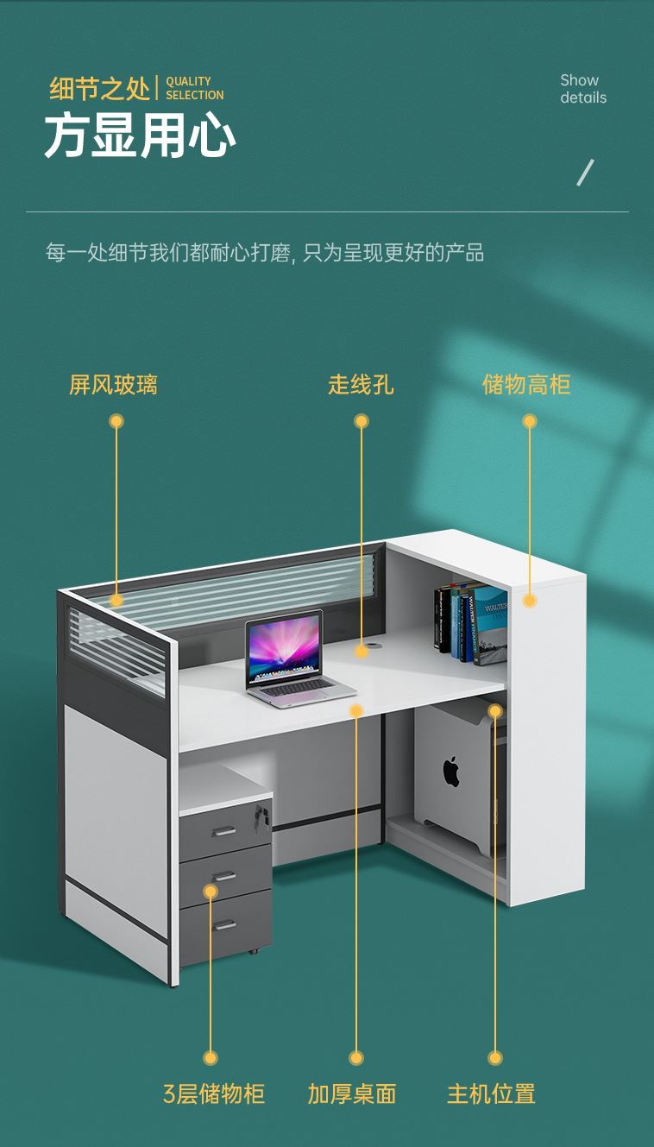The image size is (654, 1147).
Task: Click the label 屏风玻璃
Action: pyautogui.click(x=113, y=385)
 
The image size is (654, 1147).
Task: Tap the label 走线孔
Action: pyautogui.click(x=361, y=385)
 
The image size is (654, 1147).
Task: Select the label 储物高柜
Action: pyautogui.click(x=526, y=385)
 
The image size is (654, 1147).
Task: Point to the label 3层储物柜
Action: pyautogui.click(x=213, y=1093)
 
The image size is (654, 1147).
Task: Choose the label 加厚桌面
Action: pyautogui.click(x=352, y=1093)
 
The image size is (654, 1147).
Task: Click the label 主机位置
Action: pyautogui.click(x=491, y=1093)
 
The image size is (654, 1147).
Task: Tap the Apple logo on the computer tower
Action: pyautogui.click(x=451, y=772)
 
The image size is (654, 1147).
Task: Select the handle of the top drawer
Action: pyautogui.click(x=224, y=831)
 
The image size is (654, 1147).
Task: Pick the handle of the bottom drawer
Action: pyautogui.click(x=224, y=925)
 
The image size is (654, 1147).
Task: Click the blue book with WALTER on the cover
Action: pyautogui.click(x=488, y=625)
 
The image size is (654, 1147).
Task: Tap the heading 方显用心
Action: pyautogui.click(x=140, y=135)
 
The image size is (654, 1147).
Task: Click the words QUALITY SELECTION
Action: pyautogui.click(x=194, y=88)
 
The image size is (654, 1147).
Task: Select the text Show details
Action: pyautogui.click(x=583, y=89)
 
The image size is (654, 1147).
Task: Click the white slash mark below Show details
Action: pyautogui.click(x=586, y=173)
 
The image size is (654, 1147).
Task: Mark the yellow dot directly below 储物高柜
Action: pyautogui.click(x=530, y=421)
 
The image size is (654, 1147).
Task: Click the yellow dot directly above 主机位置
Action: pyautogui.click(x=495, y=1058)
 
